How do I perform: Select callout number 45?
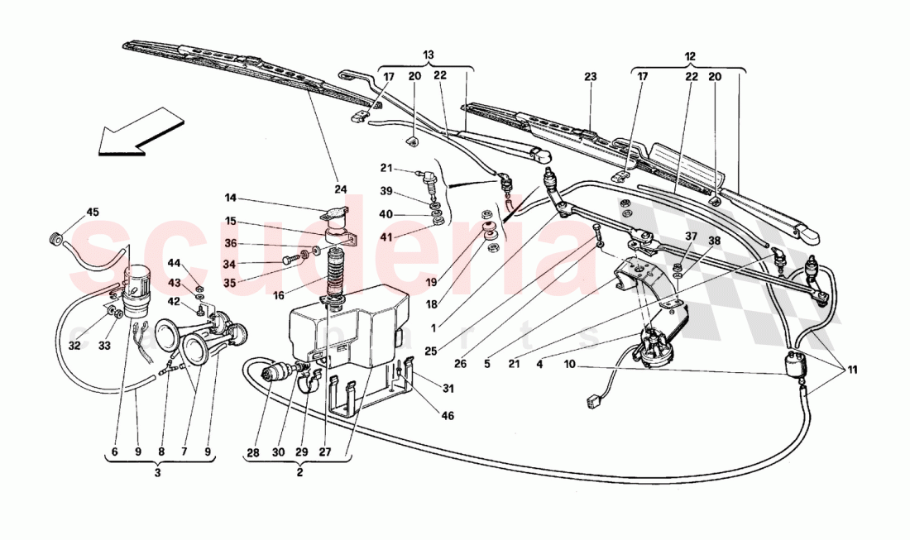pos(93,213)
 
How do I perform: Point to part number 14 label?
pos(231,198)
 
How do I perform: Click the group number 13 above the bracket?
pos(427,55)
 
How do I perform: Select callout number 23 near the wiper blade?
pos(590,76)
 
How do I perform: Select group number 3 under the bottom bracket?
pos(158,474)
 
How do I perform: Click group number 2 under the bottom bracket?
pos(299,474)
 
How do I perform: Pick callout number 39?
pos(387,191)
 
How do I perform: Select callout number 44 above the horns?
pos(174,262)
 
